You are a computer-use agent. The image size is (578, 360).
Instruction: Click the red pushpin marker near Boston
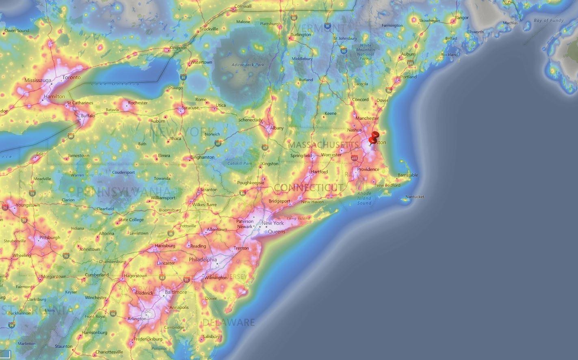click(x=374, y=137)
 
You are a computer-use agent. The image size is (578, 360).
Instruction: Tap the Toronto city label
click(x=71, y=78)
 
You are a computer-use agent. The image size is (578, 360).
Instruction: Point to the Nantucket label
click(x=415, y=197)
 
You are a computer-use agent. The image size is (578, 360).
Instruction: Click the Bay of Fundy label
click(x=548, y=20)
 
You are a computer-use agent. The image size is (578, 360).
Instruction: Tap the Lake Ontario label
click(x=115, y=84)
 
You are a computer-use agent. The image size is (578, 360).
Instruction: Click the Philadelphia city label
click(x=203, y=260)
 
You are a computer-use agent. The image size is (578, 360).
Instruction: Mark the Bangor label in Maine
click(x=461, y=18)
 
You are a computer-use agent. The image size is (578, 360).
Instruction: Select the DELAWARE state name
click(x=228, y=323)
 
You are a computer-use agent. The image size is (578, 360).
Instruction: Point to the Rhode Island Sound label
click(x=364, y=198)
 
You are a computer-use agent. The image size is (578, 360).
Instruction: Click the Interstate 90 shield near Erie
click(x=71, y=136)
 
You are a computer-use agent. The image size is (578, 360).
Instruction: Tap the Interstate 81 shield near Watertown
click(x=184, y=77)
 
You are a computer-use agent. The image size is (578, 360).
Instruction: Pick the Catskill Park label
click(x=240, y=164)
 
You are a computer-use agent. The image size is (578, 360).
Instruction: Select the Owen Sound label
click(x=17, y=30)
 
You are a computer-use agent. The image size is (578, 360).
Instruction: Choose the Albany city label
click(x=277, y=128)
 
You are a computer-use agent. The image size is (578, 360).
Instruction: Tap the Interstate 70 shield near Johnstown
click(x=66, y=256)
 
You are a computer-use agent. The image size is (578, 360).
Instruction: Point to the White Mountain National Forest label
click(x=366, y=52)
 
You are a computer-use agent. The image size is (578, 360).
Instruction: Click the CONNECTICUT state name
click(x=308, y=188)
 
